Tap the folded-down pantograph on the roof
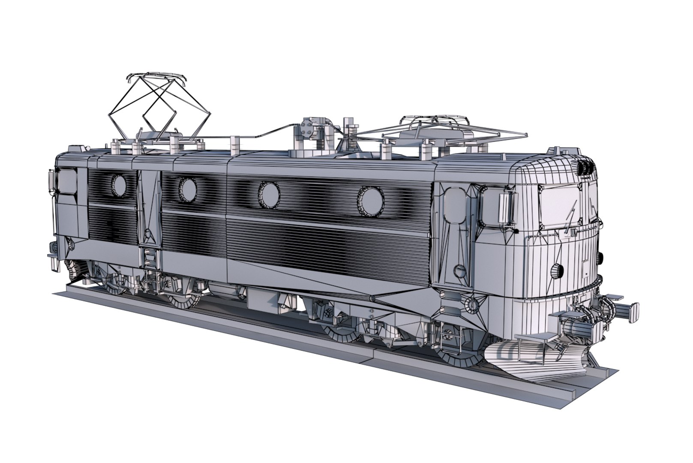pyautogui.click(x=433, y=129)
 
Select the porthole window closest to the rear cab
pyautogui.click(x=119, y=185)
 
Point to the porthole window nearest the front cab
pyautogui.click(x=371, y=201)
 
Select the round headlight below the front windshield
pyautogui.click(x=557, y=271)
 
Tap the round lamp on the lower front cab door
pyautogui.click(x=459, y=271)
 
